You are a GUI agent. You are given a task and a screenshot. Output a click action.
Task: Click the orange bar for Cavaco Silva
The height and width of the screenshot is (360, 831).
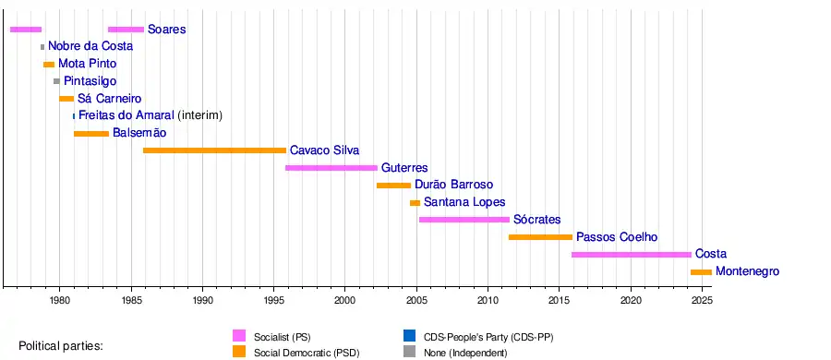click(x=214, y=150)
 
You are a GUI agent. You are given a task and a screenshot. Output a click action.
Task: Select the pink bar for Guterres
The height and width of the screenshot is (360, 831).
click(x=331, y=168)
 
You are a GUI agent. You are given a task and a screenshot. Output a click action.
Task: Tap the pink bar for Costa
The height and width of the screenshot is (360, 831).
click(x=632, y=255)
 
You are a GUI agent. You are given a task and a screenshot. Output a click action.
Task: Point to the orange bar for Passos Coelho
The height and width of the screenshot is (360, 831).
click(x=540, y=237)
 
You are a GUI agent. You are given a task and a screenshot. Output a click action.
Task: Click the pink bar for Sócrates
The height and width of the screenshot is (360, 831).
click(x=464, y=220)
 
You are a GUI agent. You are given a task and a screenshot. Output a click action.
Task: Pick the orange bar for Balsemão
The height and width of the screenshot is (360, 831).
click(x=91, y=134)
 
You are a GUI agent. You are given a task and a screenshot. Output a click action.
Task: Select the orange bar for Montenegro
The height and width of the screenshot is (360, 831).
click(x=701, y=272)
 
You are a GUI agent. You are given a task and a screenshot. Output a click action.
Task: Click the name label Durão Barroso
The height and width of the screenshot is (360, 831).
click(x=453, y=185)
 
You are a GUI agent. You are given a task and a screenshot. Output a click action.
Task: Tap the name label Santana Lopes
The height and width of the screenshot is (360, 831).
click(x=464, y=202)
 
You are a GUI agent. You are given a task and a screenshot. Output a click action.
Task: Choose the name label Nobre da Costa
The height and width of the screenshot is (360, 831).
click(x=90, y=46)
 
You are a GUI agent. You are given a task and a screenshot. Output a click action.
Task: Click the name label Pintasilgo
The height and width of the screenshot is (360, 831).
click(x=90, y=81)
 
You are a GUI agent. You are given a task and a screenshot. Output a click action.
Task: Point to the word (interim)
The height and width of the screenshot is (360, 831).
click(x=199, y=115)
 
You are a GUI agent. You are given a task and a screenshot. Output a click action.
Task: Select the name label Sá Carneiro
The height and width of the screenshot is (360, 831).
click(x=110, y=99)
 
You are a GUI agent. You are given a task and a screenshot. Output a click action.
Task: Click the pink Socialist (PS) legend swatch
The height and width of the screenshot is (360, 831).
click(x=239, y=336)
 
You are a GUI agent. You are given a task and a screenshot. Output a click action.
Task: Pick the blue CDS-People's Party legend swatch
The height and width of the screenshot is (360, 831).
click(x=409, y=336)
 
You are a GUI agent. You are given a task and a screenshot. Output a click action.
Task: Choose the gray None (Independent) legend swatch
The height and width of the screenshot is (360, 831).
click(x=409, y=352)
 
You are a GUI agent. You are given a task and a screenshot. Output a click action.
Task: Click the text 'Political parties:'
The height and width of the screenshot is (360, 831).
click(x=60, y=346)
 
